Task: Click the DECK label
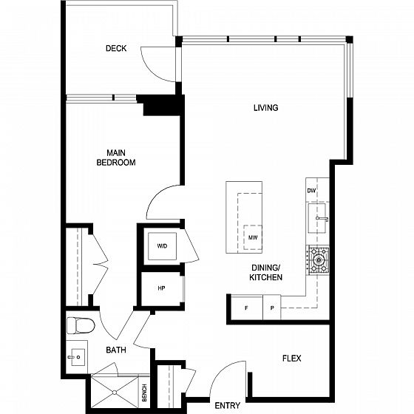point(116,48)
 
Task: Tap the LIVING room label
point(266,108)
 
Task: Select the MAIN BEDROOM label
point(116,157)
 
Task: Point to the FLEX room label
point(292,359)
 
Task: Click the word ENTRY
point(228,406)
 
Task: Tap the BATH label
point(116,350)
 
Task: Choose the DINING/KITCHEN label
point(266,273)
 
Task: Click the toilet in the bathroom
point(81,325)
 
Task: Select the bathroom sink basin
point(78,357)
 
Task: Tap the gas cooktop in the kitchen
point(318,260)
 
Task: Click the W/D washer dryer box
point(162,246)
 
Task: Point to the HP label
point(162,288)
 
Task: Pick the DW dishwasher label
point(311,191)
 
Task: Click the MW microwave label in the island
point(253,237)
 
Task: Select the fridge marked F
point(247,308)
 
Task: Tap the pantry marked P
point(272,308)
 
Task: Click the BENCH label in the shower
point(144,393)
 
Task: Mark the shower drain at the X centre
point(115,393)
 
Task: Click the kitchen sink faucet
point(322,218)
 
